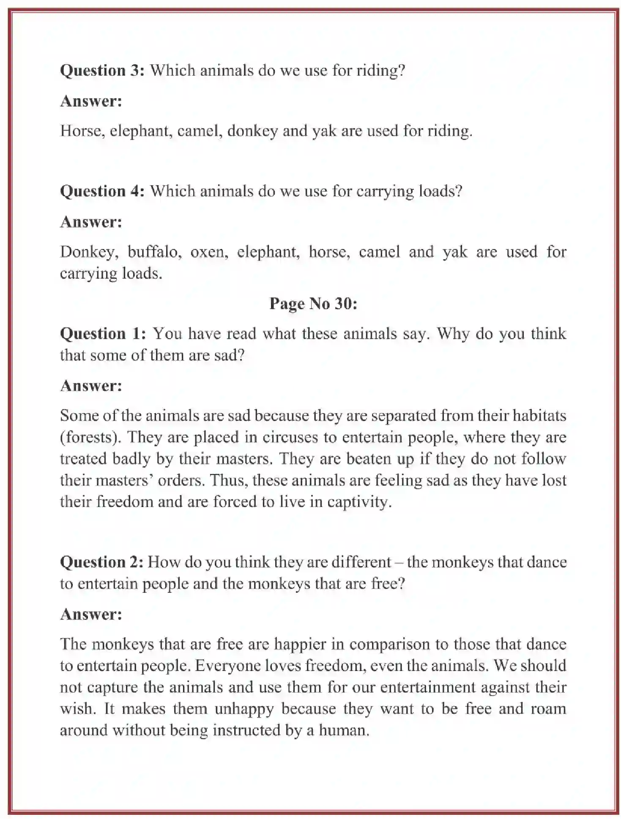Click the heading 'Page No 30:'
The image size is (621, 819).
(x=313, y=304)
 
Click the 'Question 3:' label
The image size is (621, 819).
(x=102, y=70)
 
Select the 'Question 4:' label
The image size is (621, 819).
(x=102, y=191)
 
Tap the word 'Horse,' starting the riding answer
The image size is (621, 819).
(x=82, y=131)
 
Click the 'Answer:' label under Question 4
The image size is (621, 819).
(x=91, y=222)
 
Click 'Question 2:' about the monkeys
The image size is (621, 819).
(x=101, y=562)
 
